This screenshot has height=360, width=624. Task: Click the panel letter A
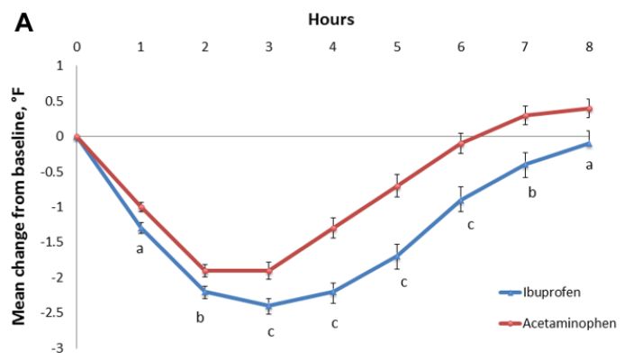pos(24,22)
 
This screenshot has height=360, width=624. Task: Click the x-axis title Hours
pos(331,17)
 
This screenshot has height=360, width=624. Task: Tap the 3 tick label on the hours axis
pos(268,45)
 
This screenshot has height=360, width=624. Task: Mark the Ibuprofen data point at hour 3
pos(268,306)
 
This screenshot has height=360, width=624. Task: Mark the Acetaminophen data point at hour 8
pos(588,109)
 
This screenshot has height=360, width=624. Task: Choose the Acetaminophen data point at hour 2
pos(204,270)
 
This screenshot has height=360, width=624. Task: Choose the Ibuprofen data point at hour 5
pos(396,256)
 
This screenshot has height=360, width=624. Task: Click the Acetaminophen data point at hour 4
pos(332,228)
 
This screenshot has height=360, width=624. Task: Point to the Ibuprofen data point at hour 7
pos(524,165)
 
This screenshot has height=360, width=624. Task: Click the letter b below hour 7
pos(532,192)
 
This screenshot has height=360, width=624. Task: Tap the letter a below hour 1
pos(140,247)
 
